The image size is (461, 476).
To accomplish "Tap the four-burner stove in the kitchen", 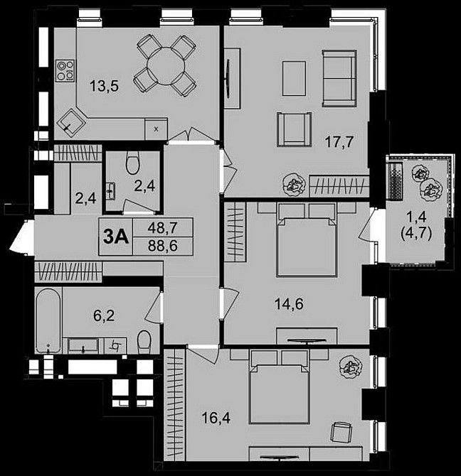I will [66, 70].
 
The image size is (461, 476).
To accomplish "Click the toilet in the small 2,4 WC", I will [132, 165].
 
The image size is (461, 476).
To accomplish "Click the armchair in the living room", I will [293, 131].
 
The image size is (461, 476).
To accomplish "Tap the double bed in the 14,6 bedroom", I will [305, 238].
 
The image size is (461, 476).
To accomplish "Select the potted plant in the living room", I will [292, 185].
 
